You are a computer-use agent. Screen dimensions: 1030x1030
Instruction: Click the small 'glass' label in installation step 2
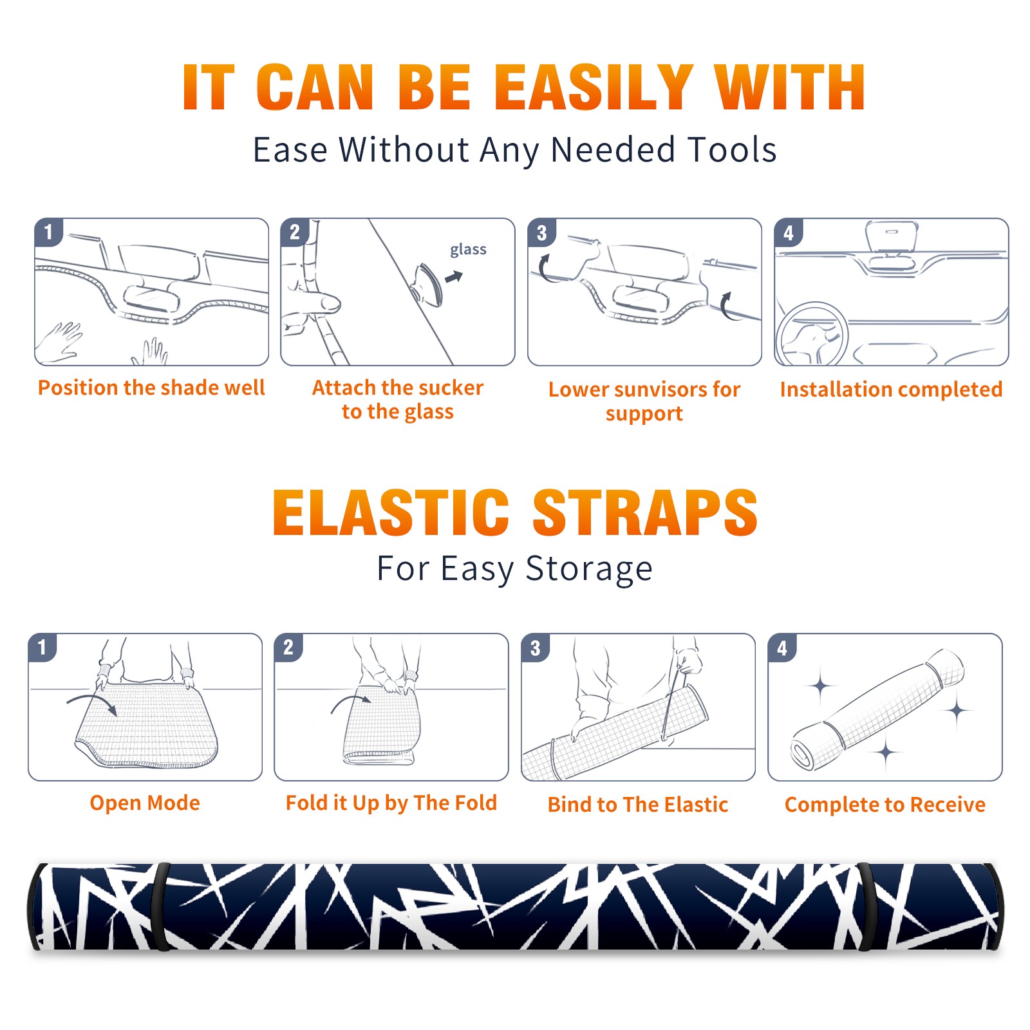(x=468, y=250)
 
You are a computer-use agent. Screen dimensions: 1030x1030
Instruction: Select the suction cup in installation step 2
(x=427, y=283)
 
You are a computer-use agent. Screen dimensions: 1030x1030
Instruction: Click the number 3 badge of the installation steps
(x=541, y=232)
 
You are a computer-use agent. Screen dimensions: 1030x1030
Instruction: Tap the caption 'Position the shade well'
(x=151, y=388)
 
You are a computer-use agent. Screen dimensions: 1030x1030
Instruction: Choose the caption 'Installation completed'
(x=891, y=389)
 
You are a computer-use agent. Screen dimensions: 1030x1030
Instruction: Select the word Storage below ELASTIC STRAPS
(x=589, y=568)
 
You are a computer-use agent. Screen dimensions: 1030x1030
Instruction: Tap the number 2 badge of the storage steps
(x=288, y=647)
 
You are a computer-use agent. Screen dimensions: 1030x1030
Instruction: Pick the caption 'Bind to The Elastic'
(x=637, y=804)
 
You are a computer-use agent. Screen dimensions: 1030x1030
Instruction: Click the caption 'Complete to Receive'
(x=885, y=804)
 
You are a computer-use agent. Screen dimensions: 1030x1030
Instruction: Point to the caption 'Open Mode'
(x=145, y=803)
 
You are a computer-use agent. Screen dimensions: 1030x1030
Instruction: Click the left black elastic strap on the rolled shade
(x=162, y=906)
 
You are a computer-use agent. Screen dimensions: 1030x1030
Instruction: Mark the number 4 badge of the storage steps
(x=782, y=648)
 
